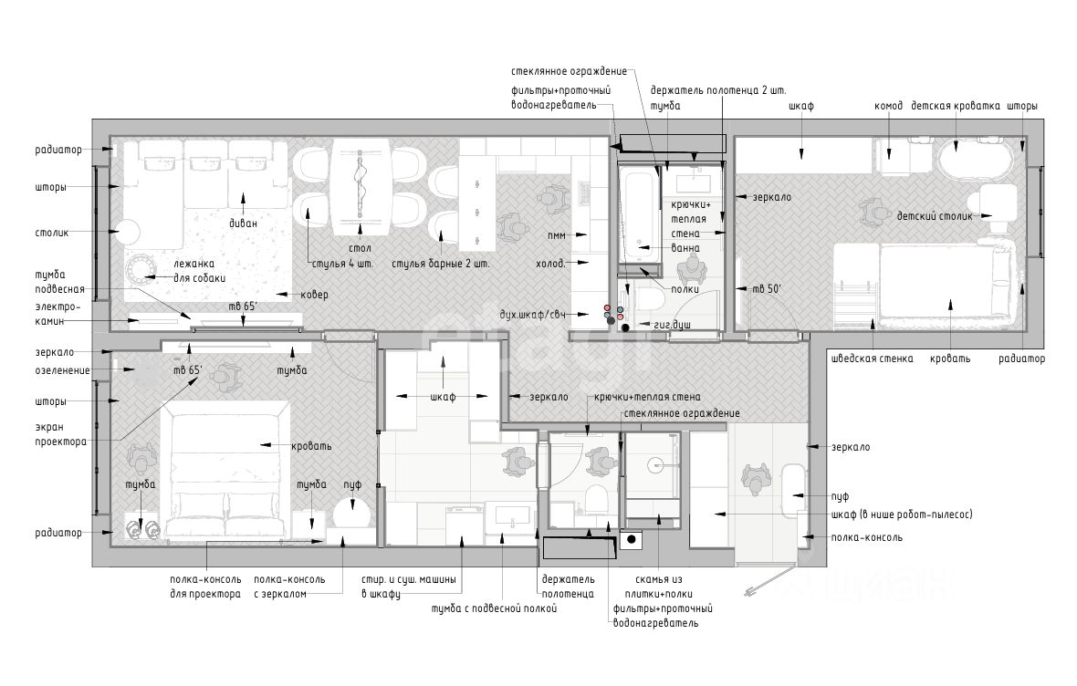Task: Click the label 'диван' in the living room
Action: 243,223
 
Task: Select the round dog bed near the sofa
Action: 142,272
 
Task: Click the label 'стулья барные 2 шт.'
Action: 441,264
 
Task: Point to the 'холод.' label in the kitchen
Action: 550,263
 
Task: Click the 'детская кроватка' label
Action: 956,106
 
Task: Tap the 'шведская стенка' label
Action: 872,359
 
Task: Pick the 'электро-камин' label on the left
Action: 58,314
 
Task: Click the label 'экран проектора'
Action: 61,434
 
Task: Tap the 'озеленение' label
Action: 62,370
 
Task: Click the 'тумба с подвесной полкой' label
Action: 494,608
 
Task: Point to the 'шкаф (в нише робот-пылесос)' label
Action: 901,514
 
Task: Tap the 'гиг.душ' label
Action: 672,324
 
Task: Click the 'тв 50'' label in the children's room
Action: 767,289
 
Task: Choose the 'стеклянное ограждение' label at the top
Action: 569,71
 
